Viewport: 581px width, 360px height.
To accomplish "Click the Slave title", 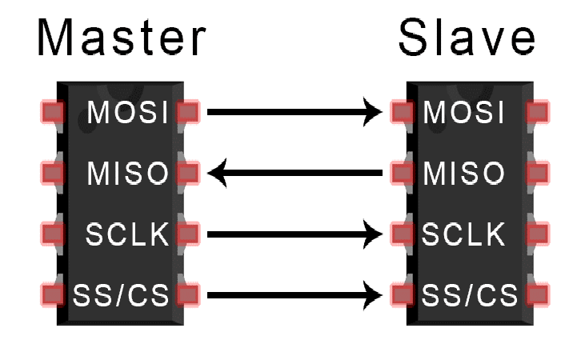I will pos(467,38).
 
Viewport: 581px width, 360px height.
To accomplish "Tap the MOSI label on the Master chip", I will pos(128,113).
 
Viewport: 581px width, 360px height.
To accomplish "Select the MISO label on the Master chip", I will pos(128,173).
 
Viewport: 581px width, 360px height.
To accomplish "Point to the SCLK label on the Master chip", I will pos(127,234).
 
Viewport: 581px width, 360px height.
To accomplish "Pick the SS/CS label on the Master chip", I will pos(121,295).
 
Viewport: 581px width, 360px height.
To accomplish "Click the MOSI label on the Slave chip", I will pos(464,113).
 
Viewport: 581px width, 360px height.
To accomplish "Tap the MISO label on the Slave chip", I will pos(464,173).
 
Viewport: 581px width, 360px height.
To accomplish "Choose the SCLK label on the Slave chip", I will pos(464,234).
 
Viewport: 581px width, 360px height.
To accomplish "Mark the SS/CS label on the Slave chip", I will pos(464,295).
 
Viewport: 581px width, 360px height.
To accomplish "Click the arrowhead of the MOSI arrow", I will pos(374,112).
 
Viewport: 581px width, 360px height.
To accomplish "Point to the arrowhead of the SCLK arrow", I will pos(374,234).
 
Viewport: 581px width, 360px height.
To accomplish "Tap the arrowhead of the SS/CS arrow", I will pos(374,295).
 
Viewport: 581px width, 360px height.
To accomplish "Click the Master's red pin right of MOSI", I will pos(187,112).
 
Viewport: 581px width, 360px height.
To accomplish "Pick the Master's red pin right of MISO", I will pos(187,172).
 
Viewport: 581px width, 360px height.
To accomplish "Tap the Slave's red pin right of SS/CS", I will pos(537,295).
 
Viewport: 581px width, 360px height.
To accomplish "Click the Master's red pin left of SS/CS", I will pos(52,295).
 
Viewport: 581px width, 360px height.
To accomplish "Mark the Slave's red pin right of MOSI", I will pos(537,112).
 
